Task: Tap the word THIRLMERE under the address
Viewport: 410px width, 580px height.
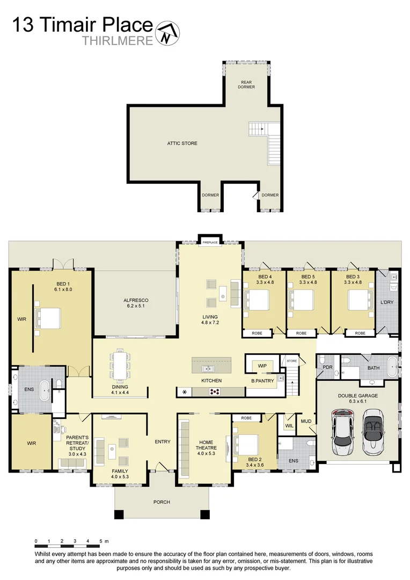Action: click(118, 41)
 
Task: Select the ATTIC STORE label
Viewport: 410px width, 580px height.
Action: click(182, 143)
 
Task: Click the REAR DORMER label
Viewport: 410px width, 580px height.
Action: click(246, 84)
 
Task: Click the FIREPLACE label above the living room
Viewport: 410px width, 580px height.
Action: click(209, 243)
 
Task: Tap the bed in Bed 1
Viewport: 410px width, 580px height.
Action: click(47, 318)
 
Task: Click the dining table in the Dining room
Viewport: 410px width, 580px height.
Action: click(119, 365)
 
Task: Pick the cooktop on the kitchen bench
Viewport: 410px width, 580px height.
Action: click(216, 392)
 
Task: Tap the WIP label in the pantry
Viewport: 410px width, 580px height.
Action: click(262, 366)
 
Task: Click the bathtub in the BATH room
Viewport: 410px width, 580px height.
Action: click(394, 369)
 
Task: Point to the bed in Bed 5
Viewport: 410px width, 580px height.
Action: click(301, 299)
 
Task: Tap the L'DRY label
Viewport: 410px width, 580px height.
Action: click(387, 302)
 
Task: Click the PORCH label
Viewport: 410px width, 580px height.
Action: click(162, 502)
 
